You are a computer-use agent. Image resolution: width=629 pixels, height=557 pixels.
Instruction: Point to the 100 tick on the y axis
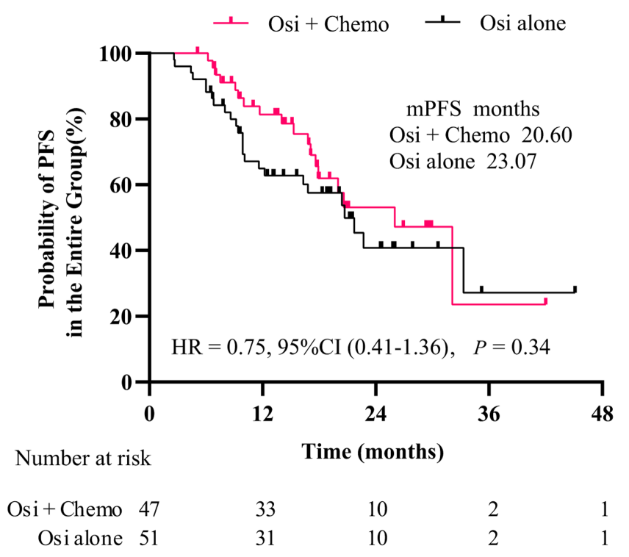coord(117,54)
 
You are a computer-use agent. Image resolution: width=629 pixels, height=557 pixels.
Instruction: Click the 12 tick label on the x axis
coord(263,413)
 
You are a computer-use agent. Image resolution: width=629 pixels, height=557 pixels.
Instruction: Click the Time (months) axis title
coord(373,451)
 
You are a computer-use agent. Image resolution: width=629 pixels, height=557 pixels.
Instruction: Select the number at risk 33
coord(263,509)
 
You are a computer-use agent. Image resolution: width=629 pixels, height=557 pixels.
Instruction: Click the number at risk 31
coord(263,539)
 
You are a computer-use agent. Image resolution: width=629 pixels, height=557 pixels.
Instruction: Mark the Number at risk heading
coord(84,459)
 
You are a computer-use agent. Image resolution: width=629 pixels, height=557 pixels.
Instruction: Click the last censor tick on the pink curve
coord(545,301)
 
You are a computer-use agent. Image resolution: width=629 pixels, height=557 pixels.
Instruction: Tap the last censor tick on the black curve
coord(575,289)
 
